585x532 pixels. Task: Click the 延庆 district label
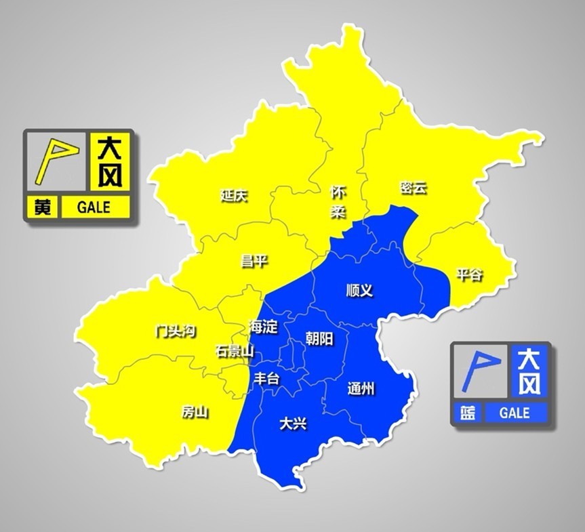(x=234, y=196)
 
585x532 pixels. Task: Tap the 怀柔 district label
(x=338, y=202)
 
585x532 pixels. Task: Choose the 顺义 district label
(x=359, y=290)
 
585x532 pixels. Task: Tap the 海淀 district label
(x=263, y=327)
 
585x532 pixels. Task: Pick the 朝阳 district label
(x=319, y=338)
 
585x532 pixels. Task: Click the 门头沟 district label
(x=175, y=331)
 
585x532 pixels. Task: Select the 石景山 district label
(x=235, y=351)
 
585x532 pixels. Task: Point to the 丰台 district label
(x=266, y=379)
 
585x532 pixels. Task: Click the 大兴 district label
(x=293, y=424)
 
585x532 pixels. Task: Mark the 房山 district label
(x=195, y=412)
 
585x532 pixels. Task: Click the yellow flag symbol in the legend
(x=56, y=160)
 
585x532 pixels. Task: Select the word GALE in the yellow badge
(x=94, y=207)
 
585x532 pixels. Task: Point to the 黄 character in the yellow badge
(x=42, y=207)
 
